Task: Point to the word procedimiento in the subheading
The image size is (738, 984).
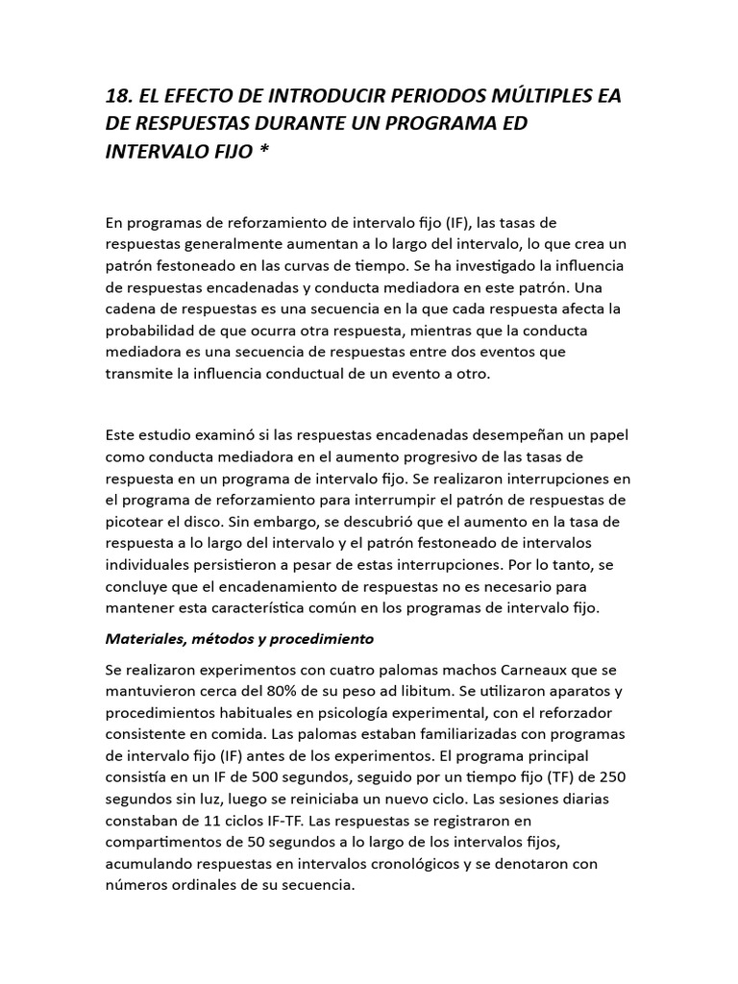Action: pos(325,638)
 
